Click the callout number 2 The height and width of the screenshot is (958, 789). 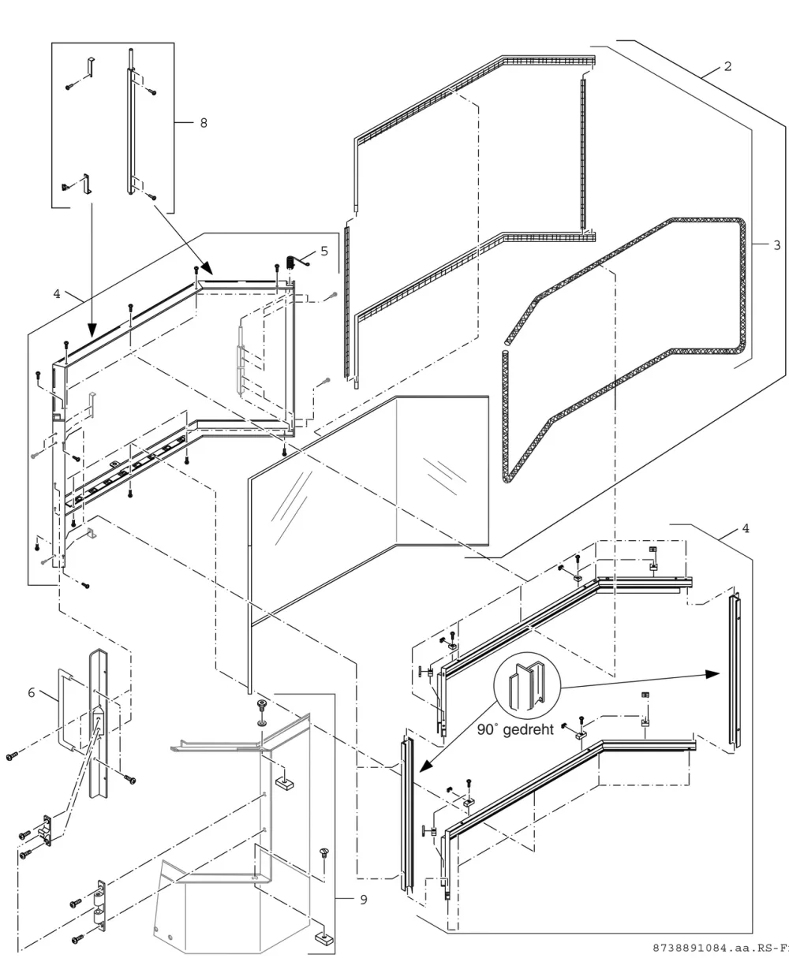coord(727,66)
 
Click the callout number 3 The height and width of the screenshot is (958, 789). coord(776,245)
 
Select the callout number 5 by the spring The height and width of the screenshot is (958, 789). coord(324,252)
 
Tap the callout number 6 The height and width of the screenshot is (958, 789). coord(32,693)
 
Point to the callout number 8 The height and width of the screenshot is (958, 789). coord(204,123)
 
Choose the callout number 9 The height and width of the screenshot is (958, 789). coord(364,900)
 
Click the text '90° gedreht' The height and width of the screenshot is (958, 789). coord(515,729)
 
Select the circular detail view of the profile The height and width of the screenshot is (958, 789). coord(527,686)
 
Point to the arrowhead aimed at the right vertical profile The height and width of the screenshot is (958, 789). coord(712,675)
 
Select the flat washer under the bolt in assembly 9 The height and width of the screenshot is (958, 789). coord(262,722)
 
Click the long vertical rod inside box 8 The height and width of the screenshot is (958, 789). coord(131,121)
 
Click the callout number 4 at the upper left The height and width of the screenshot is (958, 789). coord(56,294)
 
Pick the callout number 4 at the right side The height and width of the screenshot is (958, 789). coord(746,529)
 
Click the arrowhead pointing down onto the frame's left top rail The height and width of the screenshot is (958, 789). coord(92,329)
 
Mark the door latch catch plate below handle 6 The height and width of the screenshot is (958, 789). coord(47,831)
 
